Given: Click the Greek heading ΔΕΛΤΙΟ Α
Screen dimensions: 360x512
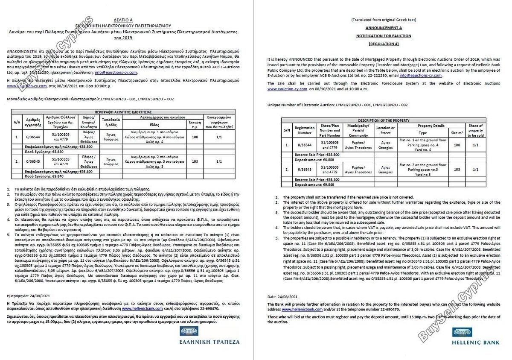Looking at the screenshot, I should click(123, 20).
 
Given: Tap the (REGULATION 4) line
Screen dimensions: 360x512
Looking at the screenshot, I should click(384, 44).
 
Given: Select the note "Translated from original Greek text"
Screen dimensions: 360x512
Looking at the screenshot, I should click(384, 20).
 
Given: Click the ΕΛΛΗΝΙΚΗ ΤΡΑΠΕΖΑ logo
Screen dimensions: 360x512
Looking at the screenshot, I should click(209, 337).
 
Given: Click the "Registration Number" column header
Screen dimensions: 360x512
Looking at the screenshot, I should click(304, 130).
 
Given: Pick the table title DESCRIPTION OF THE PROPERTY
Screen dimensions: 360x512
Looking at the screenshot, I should click(384, 120).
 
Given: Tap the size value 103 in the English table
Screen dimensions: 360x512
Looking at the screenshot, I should click(457, 170).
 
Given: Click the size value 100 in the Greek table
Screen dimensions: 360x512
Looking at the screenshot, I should click(195, 137).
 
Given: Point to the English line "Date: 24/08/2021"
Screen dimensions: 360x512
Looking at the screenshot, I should click(282, 296).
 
